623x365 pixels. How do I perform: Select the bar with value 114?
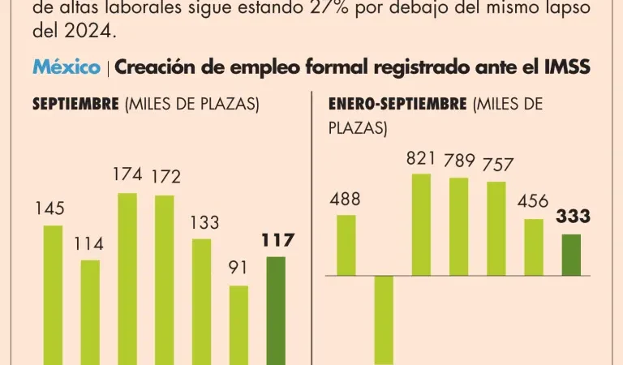(90, 312)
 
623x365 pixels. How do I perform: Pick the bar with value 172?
(165, 280)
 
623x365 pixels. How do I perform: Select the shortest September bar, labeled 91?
(238, 324)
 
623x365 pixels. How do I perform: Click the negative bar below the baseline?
(384, 320)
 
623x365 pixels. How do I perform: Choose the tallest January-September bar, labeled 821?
(422, 225)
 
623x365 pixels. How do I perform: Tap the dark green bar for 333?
(572, 255)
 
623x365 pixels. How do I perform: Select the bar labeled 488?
(346, 245)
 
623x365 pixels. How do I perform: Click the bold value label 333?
(573, 217)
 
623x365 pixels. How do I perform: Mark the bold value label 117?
(277, 240)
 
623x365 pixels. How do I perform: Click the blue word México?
(67, 67)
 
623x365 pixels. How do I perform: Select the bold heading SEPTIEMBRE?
(75, 105)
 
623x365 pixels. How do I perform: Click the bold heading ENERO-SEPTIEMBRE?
(397, 105)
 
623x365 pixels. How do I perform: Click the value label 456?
(533, 201)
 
